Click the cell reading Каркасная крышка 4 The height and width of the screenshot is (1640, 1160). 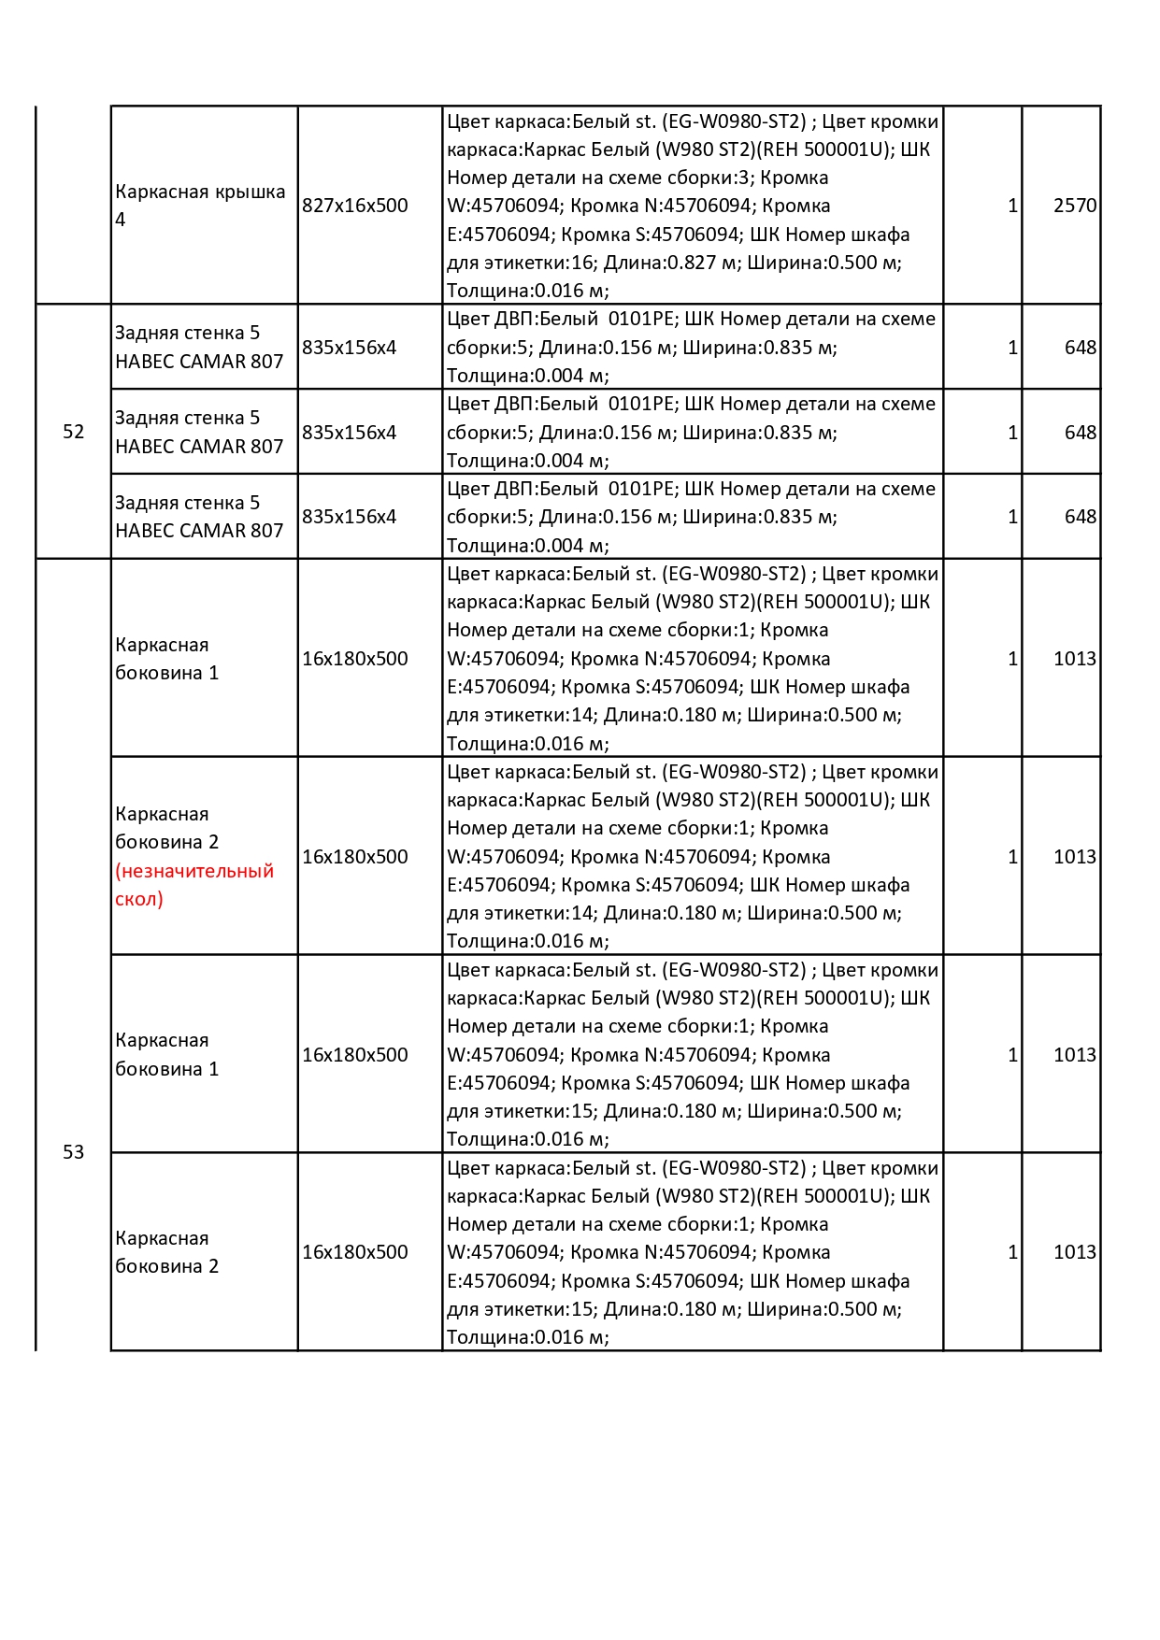click(x=200, y=205)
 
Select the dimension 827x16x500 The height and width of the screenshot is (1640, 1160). click(x=355, y=206)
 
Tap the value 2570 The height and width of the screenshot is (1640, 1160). click(x=1074, y=206)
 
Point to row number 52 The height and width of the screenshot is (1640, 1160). click(x=74, y=432)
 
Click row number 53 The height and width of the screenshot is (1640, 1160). click(x=74, y=1152)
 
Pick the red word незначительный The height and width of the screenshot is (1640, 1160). click(x=194, y=871)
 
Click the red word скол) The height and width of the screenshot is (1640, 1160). click(x=139, y=899)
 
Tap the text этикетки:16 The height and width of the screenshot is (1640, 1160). click(x=534, y=263)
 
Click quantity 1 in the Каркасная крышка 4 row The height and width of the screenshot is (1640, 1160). click(x=1012, y=206)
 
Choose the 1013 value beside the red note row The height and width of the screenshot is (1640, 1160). click(x=1074, y=857)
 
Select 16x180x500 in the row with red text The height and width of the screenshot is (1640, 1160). click(x=355, y=857)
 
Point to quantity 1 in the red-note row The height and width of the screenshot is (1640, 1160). click(x=1012, y=857)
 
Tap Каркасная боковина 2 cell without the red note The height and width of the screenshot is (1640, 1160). click(x=167, y=1252)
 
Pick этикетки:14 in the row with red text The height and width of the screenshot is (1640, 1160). click(x=534, y=913)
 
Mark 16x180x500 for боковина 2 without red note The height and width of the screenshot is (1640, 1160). click(x=355, y=1252)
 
